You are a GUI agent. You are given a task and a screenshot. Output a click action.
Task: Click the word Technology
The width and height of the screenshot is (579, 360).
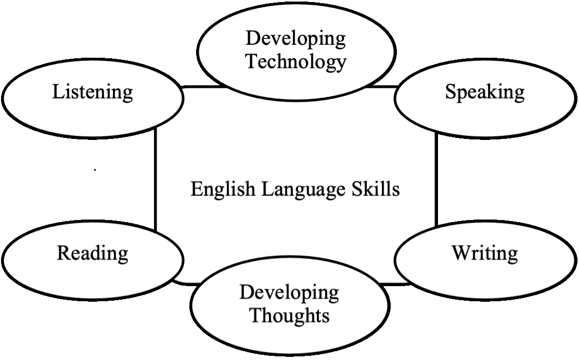click(297, 62)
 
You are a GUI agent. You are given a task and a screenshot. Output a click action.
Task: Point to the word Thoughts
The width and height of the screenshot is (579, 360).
click(290, 316)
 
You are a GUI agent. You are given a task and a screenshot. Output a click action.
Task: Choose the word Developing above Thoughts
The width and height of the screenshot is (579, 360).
click(289, 293)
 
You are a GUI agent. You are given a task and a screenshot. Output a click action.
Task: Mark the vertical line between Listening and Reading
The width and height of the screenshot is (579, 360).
click(156, 179)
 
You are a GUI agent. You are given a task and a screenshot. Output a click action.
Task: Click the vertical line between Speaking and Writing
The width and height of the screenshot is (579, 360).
click(436, 179)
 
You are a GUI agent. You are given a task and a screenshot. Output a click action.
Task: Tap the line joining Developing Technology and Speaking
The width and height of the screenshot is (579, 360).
click(382, 87)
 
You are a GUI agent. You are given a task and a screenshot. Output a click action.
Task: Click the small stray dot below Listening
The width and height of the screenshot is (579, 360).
click(95, 170)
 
